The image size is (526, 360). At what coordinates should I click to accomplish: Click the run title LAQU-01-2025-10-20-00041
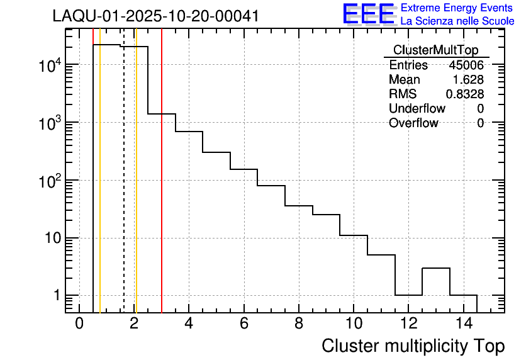[155, 16]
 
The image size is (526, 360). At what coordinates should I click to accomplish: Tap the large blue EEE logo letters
[369, 14]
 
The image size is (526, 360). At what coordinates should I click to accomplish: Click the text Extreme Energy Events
[457, 8]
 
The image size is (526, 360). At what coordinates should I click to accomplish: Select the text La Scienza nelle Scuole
[457, 21]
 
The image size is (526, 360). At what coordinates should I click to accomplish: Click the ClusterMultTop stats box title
[435, 50]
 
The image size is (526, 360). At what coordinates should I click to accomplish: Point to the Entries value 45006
[466, 65]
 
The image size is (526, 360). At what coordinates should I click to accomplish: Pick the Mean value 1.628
[469, 80]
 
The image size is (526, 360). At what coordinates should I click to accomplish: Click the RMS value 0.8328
[465, 94]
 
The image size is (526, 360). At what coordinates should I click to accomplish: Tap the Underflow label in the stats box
[417, 108]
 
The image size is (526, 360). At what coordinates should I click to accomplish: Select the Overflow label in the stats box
[413, 123]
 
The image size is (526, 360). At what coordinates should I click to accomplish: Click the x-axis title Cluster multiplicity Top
[413, 346]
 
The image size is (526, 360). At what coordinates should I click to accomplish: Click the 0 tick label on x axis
[79, 323]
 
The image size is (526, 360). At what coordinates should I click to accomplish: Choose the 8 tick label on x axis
[298, 323]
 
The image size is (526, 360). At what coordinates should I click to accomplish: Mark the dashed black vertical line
[124, 189]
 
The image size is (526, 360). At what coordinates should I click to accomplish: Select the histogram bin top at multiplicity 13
[436, 269]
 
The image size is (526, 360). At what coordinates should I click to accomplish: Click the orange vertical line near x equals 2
[136, 189]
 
